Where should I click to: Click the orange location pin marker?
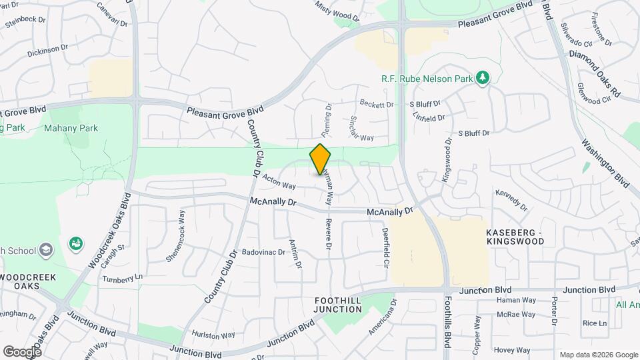pos(321,160)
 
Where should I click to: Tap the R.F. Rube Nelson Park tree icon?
pos(483,79)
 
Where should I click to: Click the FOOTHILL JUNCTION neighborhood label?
pos(338,305)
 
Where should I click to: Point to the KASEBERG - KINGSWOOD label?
pos(515,236)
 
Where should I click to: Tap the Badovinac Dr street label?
pos(263,253)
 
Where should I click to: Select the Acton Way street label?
pos(279,181)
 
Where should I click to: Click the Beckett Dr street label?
pos(377,105)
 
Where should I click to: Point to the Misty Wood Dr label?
pos(337,10)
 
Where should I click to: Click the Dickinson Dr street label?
pos(48,48)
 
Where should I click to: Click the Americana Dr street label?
pos(383,317)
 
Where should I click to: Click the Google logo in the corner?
pos(22,351)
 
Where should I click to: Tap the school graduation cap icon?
pos(46,250)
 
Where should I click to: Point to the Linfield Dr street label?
pos(428,118)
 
